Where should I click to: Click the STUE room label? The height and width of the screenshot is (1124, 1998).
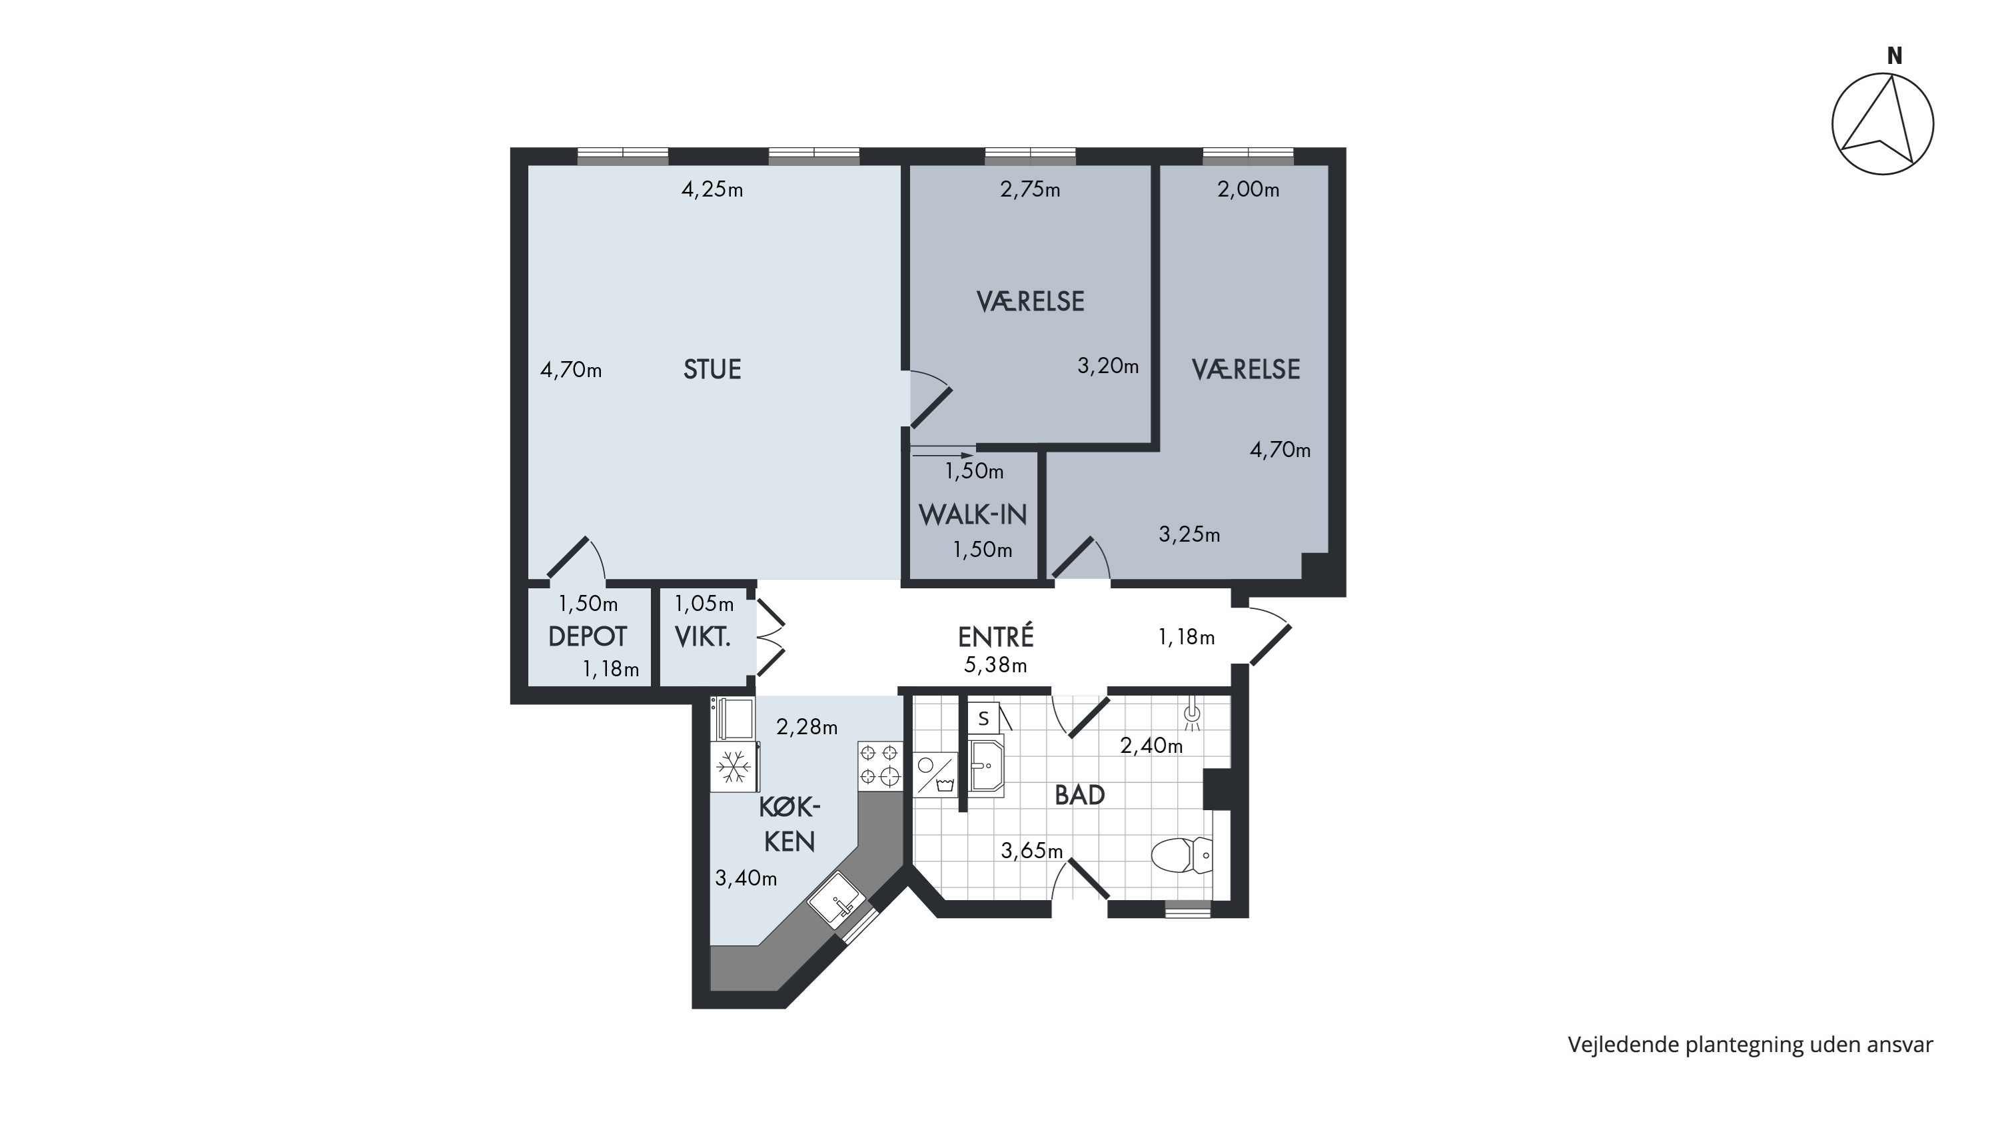pos(712,369)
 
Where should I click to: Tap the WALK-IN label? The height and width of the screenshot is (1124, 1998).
pos(973,514)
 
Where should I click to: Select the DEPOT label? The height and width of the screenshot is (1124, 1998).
pos(587,637)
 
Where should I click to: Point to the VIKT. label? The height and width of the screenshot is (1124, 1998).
pos(703,637)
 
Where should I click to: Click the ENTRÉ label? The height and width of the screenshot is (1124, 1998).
pos(996,637)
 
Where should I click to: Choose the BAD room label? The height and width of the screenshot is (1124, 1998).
pos(1080,795)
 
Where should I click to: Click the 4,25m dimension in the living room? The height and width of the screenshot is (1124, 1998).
pos(712,189)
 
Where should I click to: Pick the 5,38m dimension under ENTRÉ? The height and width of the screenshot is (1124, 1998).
pos(996,665)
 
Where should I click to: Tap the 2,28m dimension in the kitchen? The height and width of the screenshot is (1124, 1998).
pos(807,727)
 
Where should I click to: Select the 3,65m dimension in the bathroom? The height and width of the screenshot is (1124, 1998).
pos(1031,851)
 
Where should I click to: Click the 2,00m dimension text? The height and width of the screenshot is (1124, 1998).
pos(1248,189)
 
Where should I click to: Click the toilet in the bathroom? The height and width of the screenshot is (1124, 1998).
pos(1181,855)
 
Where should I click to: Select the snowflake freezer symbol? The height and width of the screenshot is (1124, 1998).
pos(733,768)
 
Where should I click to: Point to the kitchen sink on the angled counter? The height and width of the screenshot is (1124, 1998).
pos(837,900)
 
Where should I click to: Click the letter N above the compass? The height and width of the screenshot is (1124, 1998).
pos(1895,56)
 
